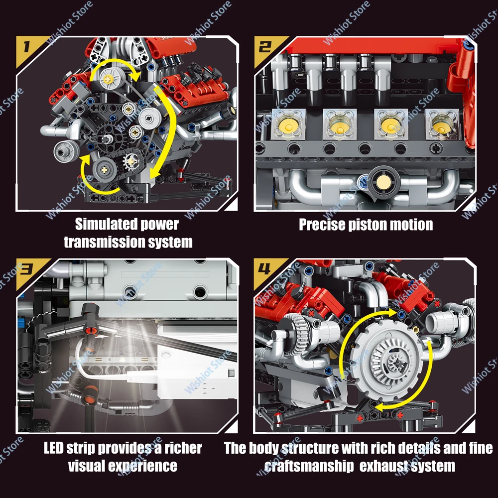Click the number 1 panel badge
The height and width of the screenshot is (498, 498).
[x=26, y=47]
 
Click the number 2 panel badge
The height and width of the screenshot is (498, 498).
[x=264, y=47]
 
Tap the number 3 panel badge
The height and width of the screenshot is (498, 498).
[x=27, y=269]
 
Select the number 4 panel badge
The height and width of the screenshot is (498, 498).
[x=264, y=269]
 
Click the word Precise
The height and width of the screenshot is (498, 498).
[x=322, y=225]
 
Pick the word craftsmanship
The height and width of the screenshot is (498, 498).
[x=309, y=467]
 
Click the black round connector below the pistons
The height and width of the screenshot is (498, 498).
[x=383, y=181]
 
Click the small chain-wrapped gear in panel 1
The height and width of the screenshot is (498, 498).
[x=131, y=161]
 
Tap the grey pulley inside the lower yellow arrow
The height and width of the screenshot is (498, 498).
[x=104, y=170]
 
